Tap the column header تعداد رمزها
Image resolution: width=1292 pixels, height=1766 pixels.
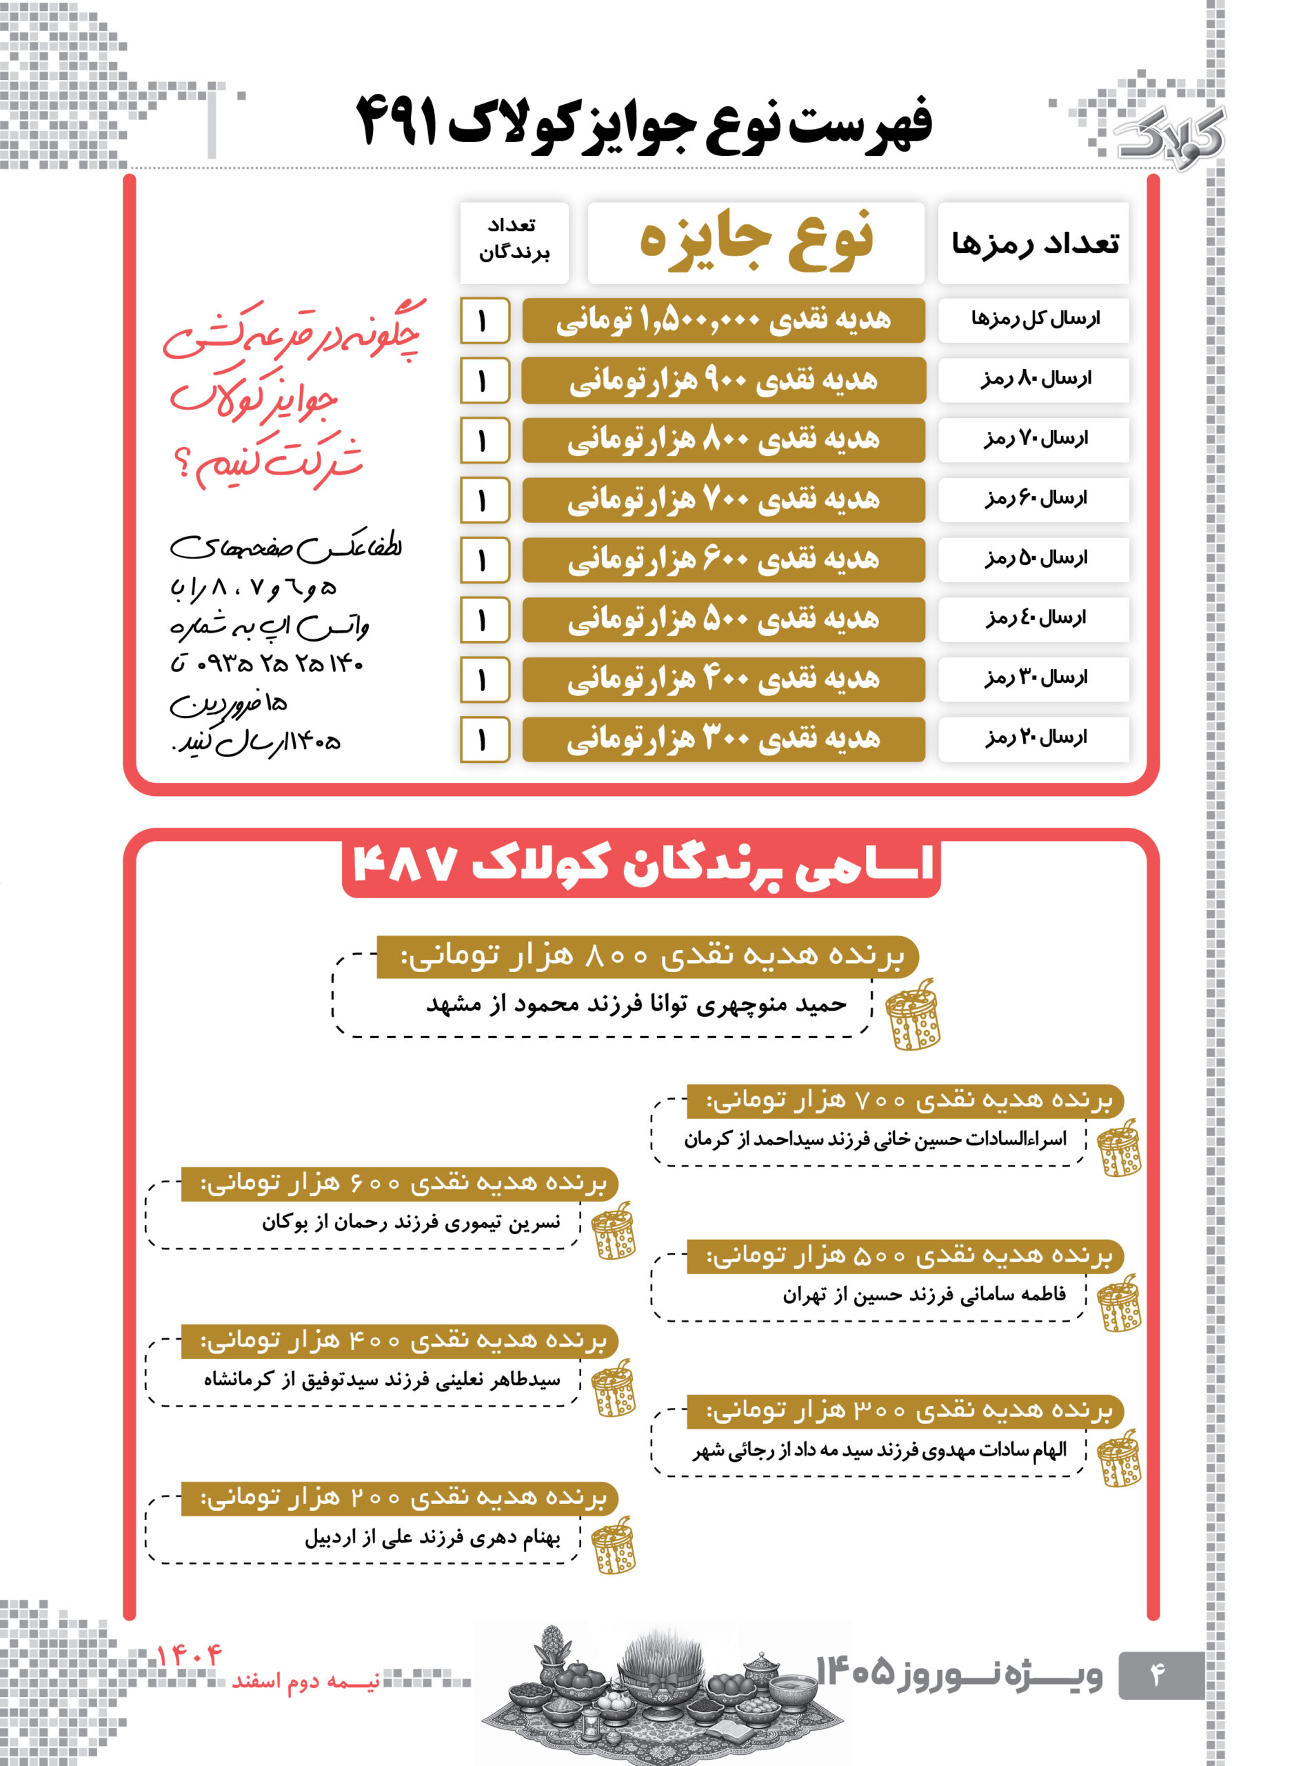tap(1034, 244)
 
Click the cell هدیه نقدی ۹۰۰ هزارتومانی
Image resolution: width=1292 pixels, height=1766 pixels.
tap(723, 381)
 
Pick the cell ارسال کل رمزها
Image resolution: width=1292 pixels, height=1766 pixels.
tap(1034, 319)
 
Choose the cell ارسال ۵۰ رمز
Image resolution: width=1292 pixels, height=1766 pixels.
tap(1034, 559)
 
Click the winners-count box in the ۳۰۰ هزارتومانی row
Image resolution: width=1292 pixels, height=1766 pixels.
tap(484, 740)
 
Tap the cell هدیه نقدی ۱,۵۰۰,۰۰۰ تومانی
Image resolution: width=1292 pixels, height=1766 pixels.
tap(723, 320)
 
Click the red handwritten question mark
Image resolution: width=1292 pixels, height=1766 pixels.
tap(182, 467)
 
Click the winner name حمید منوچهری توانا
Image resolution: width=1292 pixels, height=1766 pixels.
tap(751, 1004)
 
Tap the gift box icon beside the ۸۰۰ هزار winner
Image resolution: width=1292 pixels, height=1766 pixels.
tap(914, 1015)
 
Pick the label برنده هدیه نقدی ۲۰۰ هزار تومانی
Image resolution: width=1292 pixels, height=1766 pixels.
tap(403, 1498)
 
